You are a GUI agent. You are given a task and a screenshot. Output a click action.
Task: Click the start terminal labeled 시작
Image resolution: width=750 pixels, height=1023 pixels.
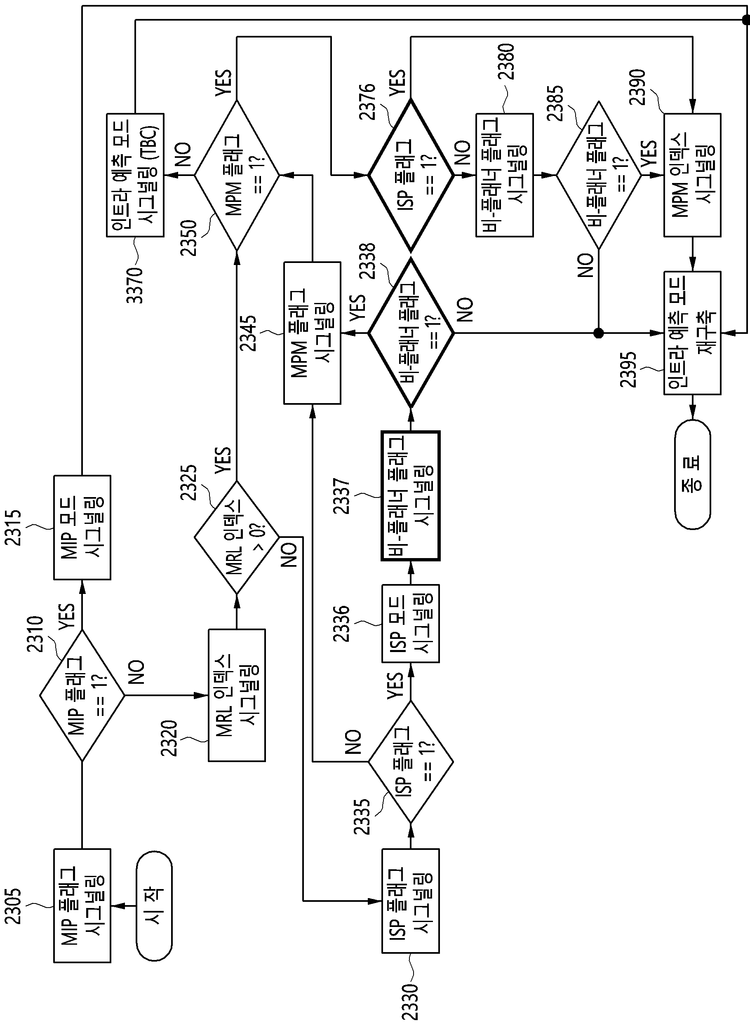154,906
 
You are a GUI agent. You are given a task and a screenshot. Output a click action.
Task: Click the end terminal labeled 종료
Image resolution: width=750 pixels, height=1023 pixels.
692,474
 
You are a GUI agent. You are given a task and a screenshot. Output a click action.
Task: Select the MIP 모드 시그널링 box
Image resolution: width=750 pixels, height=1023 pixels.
82,528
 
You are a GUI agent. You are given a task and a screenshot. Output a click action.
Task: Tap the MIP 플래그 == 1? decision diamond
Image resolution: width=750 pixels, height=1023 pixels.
82,695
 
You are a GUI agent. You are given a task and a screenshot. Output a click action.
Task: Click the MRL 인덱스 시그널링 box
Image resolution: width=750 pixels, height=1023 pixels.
237,695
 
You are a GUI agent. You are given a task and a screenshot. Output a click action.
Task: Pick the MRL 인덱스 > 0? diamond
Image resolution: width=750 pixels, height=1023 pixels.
237,537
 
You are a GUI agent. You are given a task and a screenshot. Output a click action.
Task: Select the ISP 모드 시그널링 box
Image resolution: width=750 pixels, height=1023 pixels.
410,624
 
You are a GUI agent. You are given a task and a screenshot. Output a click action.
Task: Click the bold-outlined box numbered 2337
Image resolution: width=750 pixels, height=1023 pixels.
410,495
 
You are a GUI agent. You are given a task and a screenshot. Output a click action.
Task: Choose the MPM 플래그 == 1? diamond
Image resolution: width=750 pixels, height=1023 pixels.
237,175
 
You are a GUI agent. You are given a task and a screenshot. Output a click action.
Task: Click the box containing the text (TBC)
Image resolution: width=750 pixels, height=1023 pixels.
135,175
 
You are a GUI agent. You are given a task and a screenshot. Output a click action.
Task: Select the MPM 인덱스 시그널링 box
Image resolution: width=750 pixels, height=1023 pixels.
692,175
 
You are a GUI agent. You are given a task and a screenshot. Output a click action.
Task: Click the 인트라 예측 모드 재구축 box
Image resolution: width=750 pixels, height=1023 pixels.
692,333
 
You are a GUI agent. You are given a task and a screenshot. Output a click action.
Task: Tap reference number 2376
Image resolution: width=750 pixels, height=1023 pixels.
367,102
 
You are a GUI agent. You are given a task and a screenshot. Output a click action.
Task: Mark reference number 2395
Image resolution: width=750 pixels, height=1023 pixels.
628,369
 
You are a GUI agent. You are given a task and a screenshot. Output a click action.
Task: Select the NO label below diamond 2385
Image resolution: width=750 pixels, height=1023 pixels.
585,265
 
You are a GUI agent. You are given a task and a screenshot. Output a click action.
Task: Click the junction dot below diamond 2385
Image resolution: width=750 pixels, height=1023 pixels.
599,333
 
